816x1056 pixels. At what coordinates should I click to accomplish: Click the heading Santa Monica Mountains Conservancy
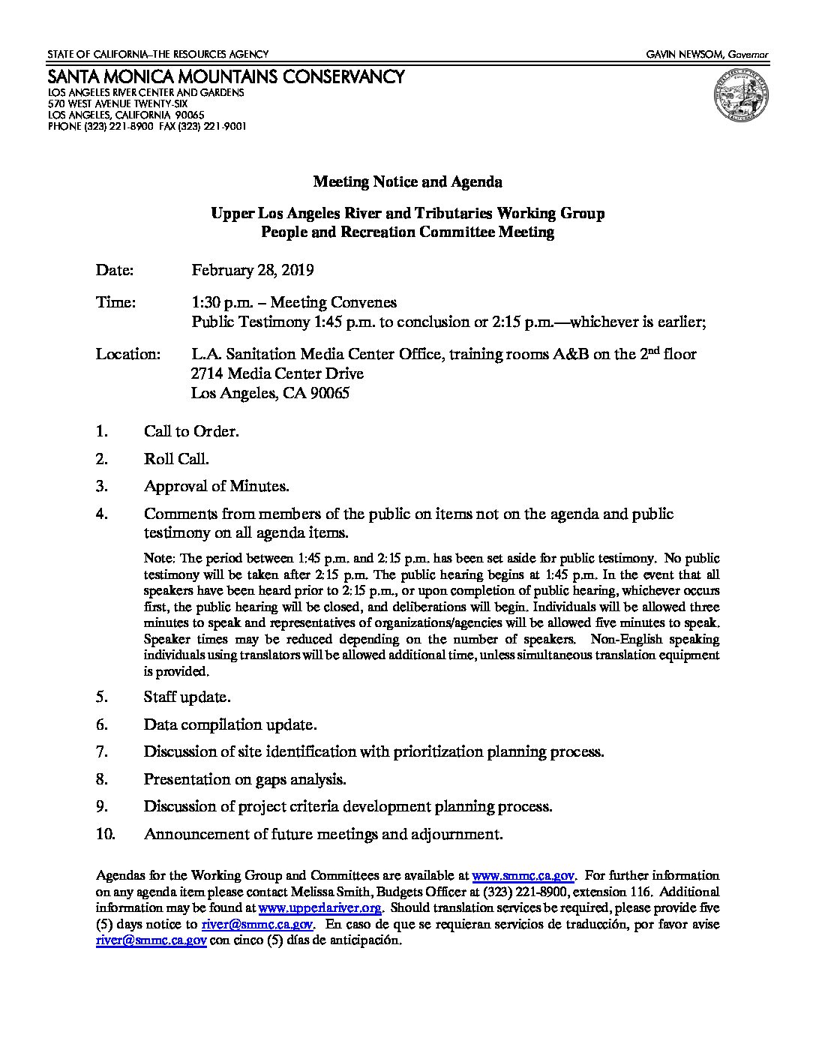pyautogui.click(x=226, y=76)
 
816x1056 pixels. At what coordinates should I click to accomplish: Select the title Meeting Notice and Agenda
pyautogui.click(x=407, y=182)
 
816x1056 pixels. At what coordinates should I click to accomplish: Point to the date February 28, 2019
pyautogui.click(x=252, y=271)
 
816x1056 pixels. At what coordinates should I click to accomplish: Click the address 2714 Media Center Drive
pyautogui.click(x=277, y=373)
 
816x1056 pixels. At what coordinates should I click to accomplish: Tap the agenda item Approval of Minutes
pyautogui.click(x=217, y=486)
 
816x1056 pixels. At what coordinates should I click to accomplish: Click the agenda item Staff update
pyautogui.click(x=187, y=697)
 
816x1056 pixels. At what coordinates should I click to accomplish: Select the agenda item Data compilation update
pyautogui.click(x=230, y=724)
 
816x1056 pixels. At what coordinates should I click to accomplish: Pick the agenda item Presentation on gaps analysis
pyautogui.click(x=244, y=779)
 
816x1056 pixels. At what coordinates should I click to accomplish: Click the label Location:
pyautogui.click(x=127, y=354)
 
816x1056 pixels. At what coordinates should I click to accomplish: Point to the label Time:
pyautogui.click(x=116, y=302)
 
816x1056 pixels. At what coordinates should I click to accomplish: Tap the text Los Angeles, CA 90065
pyautogui.click(x=270, y=393)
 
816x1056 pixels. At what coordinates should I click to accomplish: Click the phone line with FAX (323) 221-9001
pyautogui.click(x=147, y=127)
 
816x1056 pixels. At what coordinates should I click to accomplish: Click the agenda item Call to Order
pyautogui.click(x=191, y=431)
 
